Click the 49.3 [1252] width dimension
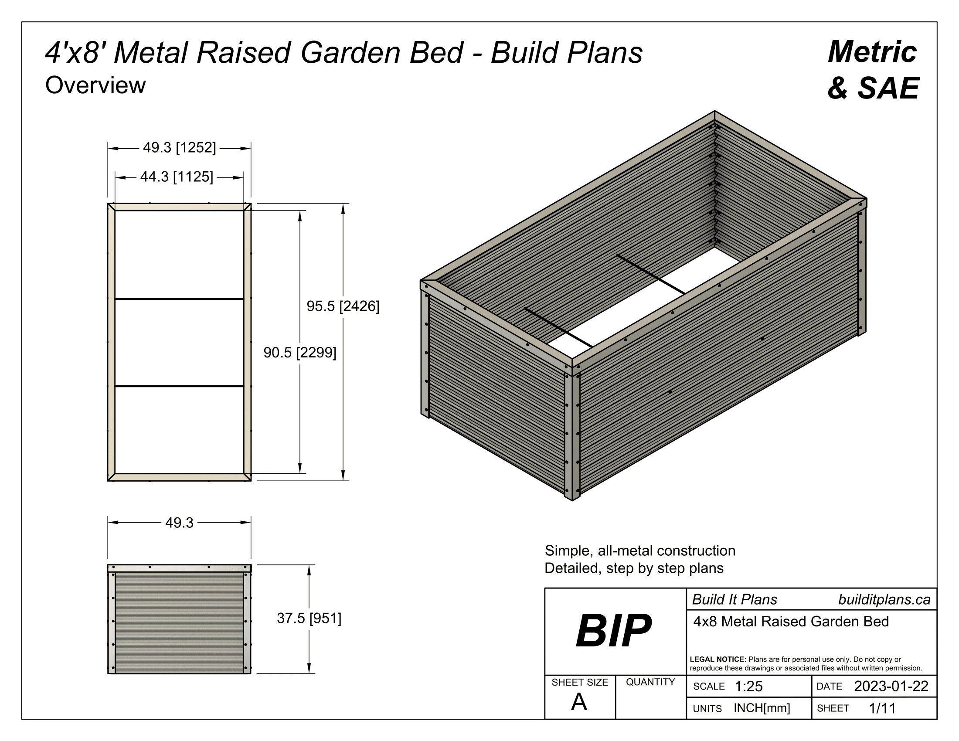tap(179, 147)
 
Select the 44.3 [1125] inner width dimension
tap(177, 177)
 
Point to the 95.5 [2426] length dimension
tap(343, 306)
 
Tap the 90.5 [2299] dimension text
tap(299, 352)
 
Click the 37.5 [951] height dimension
tap(309, 618)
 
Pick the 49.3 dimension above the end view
tap(179, 522)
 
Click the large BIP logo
tap(613, 631)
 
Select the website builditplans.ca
tap(884, 600)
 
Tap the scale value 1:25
tap(748, 687)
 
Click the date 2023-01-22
tap(891, 686)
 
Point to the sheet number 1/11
tap(882, 708)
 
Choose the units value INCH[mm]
tap(762, 708)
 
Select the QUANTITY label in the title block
tap(650, 682)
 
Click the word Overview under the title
tap(95, 85)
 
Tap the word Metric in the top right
tap(872, 52)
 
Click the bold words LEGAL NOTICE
tap(718, 659)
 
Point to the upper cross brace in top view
tap(179, 299)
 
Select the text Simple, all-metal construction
tap(640, 551)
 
